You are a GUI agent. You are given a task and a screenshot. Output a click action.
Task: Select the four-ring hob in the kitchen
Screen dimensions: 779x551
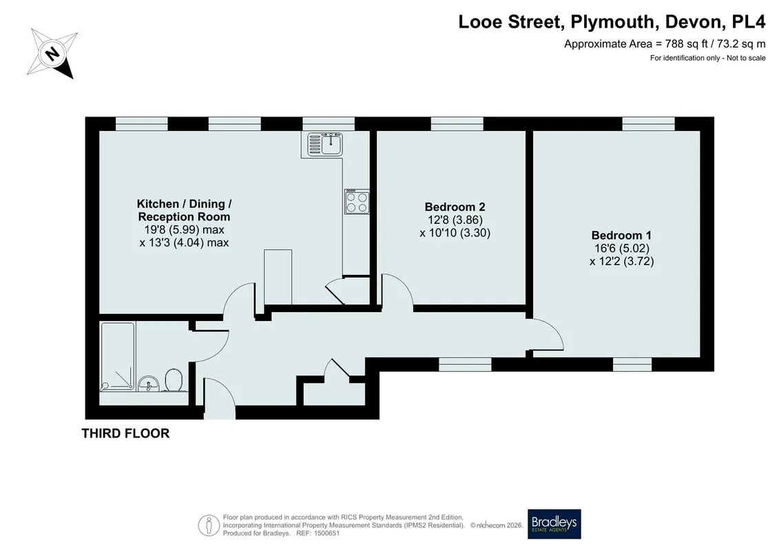[357, 202]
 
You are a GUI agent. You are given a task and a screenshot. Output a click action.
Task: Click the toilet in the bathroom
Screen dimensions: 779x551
[174, 380]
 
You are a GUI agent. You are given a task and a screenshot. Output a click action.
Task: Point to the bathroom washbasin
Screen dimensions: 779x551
[149, 384]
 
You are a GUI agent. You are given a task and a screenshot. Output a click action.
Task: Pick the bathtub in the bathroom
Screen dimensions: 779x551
[118, 356]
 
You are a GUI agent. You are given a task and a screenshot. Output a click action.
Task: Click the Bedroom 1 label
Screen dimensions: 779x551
[621, 236]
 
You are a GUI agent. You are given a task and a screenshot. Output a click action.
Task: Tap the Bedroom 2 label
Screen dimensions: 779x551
[455, 207]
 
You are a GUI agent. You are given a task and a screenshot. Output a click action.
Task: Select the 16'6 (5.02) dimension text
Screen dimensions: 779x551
[621, 249]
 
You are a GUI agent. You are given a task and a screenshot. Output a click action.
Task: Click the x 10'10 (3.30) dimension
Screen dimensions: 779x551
[455, 233]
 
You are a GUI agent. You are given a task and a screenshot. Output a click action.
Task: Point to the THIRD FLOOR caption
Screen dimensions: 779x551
[125, 433]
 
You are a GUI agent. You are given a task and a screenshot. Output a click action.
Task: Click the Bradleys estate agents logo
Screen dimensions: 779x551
[554, 523]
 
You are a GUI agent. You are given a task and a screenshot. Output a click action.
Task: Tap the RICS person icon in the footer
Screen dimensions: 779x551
[209, 525]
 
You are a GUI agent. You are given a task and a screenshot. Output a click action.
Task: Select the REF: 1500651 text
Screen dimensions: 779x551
[318, 533]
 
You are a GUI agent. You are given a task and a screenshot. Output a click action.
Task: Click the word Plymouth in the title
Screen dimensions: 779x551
[612, 22]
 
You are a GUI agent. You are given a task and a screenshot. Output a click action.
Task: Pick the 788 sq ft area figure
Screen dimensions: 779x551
[684, 43]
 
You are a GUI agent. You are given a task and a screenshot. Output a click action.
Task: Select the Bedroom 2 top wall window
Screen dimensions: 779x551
[457, 123]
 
